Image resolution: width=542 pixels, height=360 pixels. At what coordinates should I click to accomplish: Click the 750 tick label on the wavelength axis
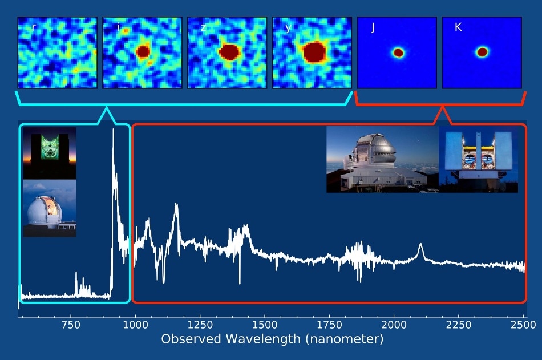[71, 325]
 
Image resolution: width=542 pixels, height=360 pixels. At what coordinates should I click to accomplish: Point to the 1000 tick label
[136, 325]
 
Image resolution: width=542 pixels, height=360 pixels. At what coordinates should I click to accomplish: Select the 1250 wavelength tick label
[200, 325]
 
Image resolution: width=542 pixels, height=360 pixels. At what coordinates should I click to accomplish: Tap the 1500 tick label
[265, 325]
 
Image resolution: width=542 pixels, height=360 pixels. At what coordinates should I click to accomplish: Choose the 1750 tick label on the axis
[329, 325]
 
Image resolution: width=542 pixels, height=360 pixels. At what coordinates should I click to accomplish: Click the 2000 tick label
[394, 325]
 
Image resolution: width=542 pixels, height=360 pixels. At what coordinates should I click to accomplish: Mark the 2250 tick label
[458, 325]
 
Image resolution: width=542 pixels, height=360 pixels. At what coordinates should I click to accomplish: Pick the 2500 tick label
[523, 325]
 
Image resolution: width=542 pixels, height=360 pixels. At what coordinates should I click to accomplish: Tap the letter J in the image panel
[373, 27]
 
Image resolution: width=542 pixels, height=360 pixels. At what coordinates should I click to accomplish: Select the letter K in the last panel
[458, 27]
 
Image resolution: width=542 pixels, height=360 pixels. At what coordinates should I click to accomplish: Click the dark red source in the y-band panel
[314, 52]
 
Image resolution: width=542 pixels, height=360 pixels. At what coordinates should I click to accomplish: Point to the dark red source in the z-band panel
[229, 52]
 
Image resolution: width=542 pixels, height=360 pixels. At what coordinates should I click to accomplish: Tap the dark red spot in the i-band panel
[143, 52]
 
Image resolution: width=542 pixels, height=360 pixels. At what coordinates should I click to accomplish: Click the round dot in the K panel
[482, 52]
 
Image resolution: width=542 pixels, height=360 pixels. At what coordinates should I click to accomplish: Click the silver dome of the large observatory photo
[376, 145]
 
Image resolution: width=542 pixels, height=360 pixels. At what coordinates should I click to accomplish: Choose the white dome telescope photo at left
[50, 208]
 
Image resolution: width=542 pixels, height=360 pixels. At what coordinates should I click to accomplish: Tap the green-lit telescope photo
[50, 153]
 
